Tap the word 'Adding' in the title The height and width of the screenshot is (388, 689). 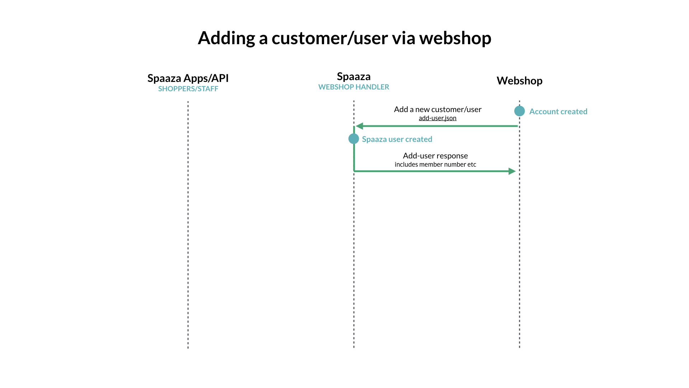pos(226,38)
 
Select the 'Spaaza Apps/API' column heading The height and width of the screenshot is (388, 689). pos(188,78)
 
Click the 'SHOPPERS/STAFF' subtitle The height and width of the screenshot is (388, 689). pos(188,89)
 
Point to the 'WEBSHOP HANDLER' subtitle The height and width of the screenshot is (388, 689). pos(353,87)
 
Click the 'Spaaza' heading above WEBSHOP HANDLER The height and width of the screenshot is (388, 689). pos(353,76)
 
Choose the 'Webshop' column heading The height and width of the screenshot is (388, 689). pos(519,80)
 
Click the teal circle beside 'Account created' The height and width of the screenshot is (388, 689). pos(519,111)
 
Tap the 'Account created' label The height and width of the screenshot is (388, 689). pos(558,111)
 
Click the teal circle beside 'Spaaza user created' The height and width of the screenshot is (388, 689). pos(353,139)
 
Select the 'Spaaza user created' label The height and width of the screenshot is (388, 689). pos(397,139)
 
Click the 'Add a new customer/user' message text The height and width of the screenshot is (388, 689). pos(437,109)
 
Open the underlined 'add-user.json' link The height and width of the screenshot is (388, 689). pos(437,118)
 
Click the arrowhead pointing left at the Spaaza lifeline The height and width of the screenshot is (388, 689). pos(360,126)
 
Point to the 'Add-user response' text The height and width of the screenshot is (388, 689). pos(435,156)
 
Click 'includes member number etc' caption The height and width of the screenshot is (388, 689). pos(435,165)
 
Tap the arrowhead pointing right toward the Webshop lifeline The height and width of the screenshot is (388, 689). pos(512,171)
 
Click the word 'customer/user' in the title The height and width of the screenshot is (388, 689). pos(329,38)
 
